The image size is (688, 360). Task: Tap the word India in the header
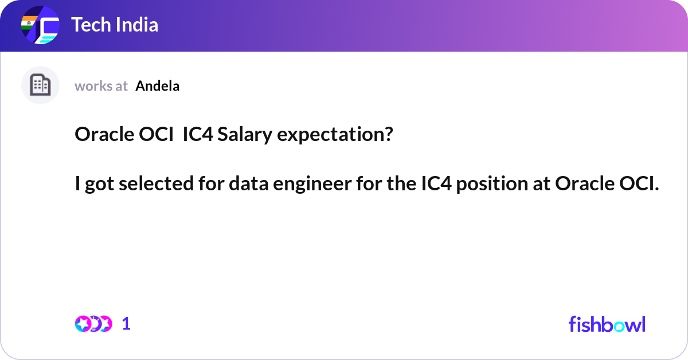[x=138, y=25]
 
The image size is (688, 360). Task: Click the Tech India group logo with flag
[x=40, y=26]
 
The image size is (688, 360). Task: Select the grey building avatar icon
[x=40, y=85]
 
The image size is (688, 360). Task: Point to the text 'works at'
[x=101, y=86]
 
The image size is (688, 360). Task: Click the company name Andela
[x=158, y=86]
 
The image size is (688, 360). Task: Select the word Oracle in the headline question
[x=105, y=135]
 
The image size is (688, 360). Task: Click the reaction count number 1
[x=126, y=324]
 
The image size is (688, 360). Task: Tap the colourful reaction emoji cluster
[x=93, y=324]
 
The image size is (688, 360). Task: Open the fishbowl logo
[x=607, y=324]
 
